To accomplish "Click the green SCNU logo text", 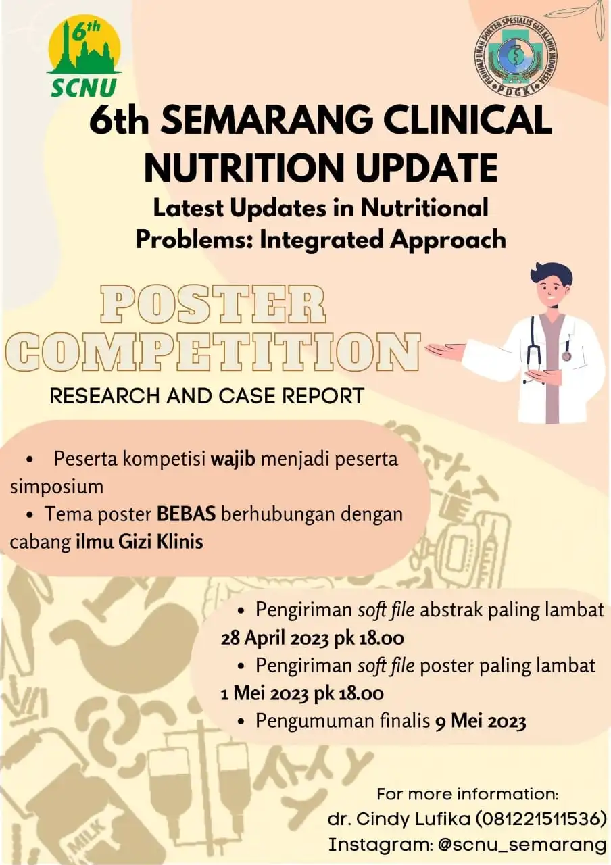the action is pyautogui.click(x=84, y=87).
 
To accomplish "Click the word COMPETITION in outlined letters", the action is pyautogui.click(x=213, y=353).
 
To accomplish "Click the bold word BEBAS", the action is pyautogui.click(x=186, y=515).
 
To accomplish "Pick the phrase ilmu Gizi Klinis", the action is pyautogui.click(x=139, y=542).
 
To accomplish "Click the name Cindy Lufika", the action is pyautogui.click(x=412, y=818).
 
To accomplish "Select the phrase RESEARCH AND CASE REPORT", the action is pyautogui.click(x=207, y=396).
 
